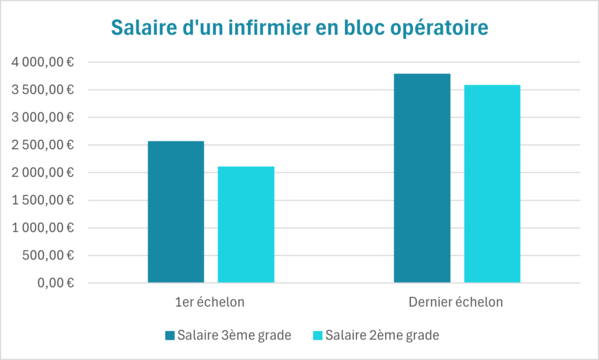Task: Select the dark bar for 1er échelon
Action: tap(176, 212)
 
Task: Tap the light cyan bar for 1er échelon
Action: tap(246, 225)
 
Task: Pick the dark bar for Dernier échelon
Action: tap(422, 178)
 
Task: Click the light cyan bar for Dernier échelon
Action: tap(492, 184)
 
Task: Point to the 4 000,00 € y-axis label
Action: tap(43, 62)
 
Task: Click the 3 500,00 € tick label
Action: tap(43, 90)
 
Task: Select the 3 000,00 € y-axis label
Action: tap(43, 117)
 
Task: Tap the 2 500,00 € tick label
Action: tap(43, 145)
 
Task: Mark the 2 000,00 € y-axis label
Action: tap(43, 172)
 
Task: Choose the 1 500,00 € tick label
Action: tap(43, 200)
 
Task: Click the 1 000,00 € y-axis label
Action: tap(43, 227)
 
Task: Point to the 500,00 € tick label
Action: tap(49, 255)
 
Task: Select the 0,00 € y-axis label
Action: tap(56, 282)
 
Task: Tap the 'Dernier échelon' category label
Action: tap(457, 302)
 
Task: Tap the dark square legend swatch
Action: tap(170, 335)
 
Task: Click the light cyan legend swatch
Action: tap(318, 335)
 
